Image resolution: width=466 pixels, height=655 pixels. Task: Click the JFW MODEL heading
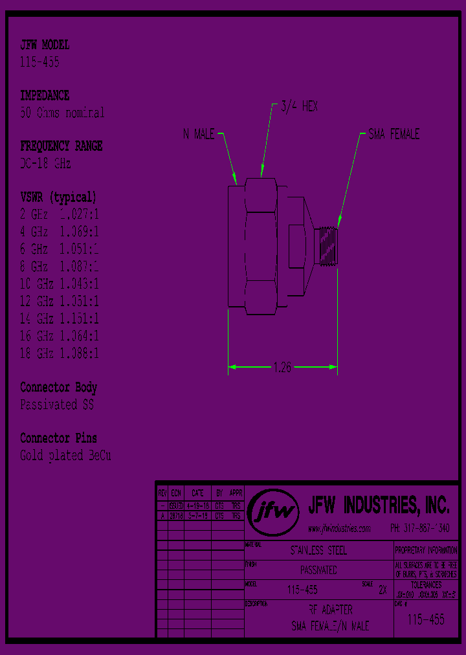tap(45, 45)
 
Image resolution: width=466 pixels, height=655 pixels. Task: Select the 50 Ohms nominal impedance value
tap(62, 113)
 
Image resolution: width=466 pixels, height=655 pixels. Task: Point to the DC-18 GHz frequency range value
tap(45, 163)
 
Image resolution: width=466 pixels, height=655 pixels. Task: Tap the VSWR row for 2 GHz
tap(60, 214)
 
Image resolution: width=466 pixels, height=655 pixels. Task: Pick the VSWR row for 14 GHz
tap(60, 319)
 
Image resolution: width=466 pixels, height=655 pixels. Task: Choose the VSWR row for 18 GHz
tap(60, 354)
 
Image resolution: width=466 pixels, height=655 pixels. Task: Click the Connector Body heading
tap(58, 388)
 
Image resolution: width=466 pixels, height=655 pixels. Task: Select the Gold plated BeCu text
tap(65, 456)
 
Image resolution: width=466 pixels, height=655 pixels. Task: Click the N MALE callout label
tap(199, 135)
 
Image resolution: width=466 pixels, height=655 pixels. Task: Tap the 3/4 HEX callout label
tap(298, 107)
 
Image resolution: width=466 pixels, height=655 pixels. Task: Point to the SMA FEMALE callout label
tap(394, 134)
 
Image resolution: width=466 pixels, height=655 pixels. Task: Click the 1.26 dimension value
tap(283, 368)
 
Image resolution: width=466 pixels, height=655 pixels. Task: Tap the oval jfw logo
tap(274, 512)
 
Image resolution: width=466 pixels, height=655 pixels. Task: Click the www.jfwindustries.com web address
tap(338, 528)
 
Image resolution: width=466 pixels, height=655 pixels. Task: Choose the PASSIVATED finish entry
tap(318, 571)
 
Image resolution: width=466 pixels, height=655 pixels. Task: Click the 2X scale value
tap(383, 590)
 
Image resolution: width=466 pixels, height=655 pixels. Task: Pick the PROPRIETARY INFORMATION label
tap(426, 550)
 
